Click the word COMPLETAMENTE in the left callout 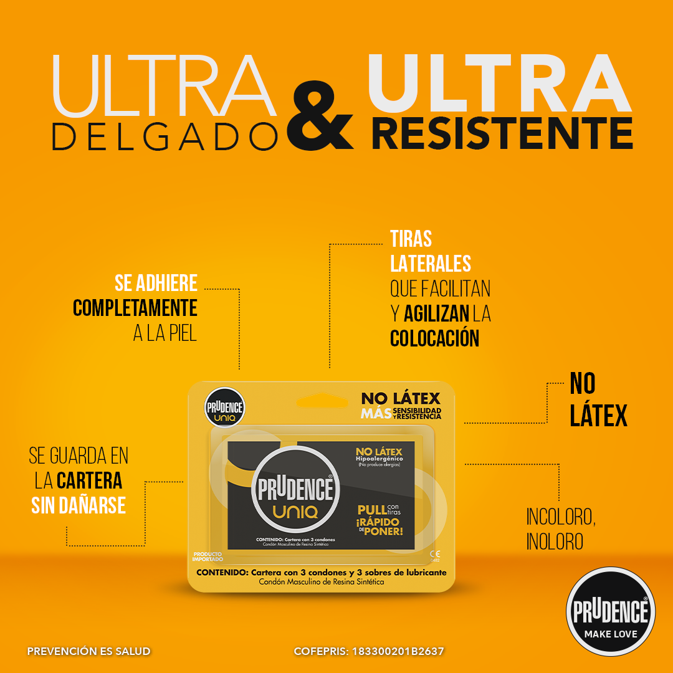click(135, 308)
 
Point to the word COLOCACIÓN click(435, 338)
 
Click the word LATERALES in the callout click(431, 264)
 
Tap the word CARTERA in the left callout click(90, 480)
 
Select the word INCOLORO click(561, 517)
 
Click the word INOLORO click(555, 542)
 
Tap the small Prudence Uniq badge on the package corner click(225, 408)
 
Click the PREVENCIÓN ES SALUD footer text click(88, 651)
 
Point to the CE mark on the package click(435, 553)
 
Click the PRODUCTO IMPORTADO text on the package click(208, 556)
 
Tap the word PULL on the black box click(371, 509)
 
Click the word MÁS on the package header click(376, 414)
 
